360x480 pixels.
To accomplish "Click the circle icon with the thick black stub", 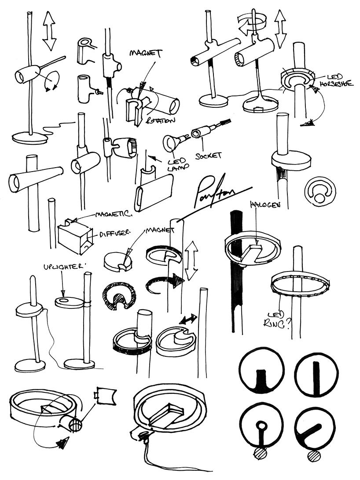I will [261, 370].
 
